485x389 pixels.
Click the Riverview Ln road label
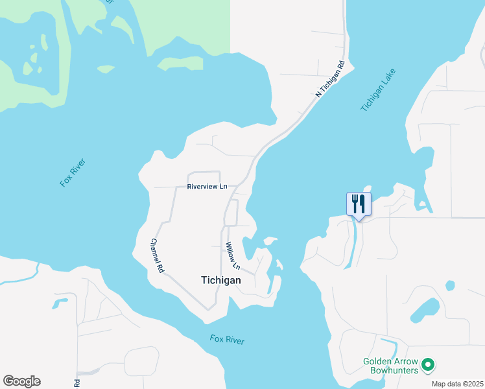coord(207,187)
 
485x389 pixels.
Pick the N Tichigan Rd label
coord(329,80)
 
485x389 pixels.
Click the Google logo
coord(21,381)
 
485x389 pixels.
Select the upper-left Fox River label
coord(73,173)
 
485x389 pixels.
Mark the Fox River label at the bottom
coord(226,339)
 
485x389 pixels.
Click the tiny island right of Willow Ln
coord(279,265)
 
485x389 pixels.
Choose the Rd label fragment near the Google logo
coord(77,383)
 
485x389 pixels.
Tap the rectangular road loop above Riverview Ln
coord(204,178)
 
